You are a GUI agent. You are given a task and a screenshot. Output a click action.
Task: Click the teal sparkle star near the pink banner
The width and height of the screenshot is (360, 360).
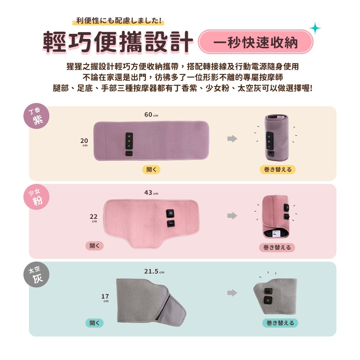[315, 28]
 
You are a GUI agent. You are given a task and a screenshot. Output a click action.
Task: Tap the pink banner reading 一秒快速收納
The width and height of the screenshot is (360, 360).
[256, 42]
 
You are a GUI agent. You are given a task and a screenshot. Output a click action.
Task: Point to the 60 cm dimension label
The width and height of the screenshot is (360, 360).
[151, 115]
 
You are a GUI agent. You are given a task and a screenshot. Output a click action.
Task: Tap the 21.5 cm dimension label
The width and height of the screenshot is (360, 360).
[154, 271]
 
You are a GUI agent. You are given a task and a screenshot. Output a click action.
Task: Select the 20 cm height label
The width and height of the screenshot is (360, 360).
[84, 142]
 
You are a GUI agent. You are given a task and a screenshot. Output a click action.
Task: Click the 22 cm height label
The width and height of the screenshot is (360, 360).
[94, 217]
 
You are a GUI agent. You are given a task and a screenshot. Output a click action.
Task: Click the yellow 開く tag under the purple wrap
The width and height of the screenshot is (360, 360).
[151, 170]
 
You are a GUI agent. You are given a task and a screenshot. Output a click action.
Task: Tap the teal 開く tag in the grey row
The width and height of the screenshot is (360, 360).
[94, 323]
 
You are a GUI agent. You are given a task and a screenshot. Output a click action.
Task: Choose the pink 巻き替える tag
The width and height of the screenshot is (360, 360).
[277, 247]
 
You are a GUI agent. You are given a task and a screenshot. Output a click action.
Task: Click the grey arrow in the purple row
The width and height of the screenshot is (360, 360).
[232, 139]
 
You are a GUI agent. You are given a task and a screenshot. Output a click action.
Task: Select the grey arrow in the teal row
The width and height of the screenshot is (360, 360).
[232, 293]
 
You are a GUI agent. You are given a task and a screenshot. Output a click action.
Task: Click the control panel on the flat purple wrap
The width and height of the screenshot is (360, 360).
[129, 141]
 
